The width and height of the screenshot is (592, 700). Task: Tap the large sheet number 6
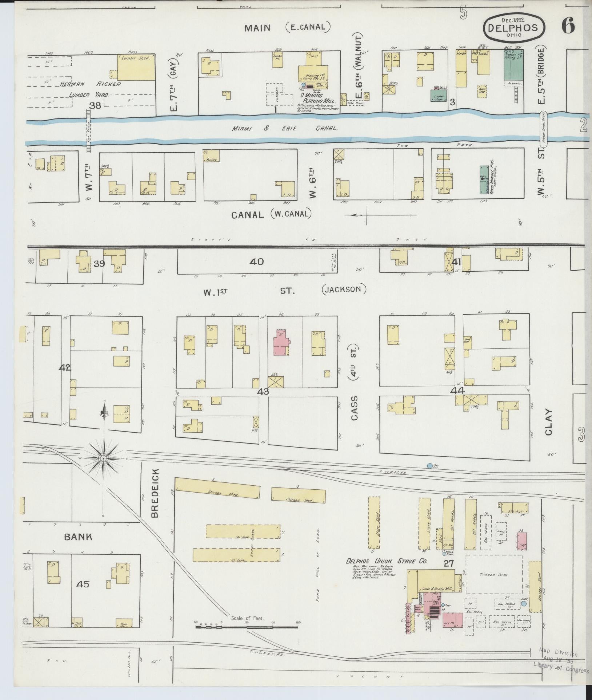click(568, 25)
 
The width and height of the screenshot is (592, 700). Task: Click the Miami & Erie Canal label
click(285, 129)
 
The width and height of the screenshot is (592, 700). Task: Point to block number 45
click(83, 584)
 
